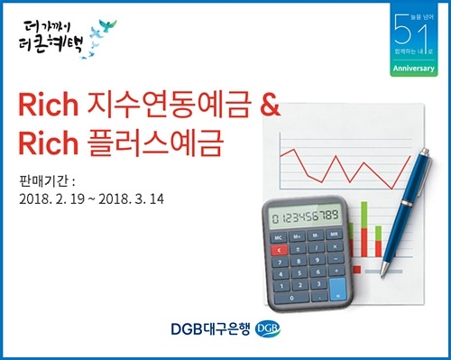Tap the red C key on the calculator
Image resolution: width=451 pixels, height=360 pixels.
(281, 248)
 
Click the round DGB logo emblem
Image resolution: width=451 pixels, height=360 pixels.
(268, 328)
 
